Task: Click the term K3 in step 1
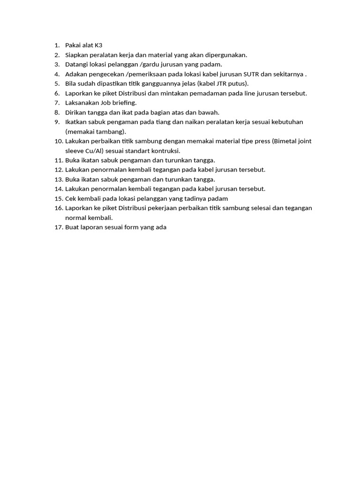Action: [x=98, y=45]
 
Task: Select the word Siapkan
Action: [x=76, y=55]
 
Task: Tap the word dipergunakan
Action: [x=227, y=55]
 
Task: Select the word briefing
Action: [x=123, y=103]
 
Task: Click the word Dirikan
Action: [x=75, y=112]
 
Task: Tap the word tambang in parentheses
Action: [x=111, y=132]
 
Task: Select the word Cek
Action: [x=71, y=199]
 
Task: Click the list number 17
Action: [x=58, y=227]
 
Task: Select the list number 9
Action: [x=56, y=122]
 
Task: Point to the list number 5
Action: [x=56, y=83]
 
